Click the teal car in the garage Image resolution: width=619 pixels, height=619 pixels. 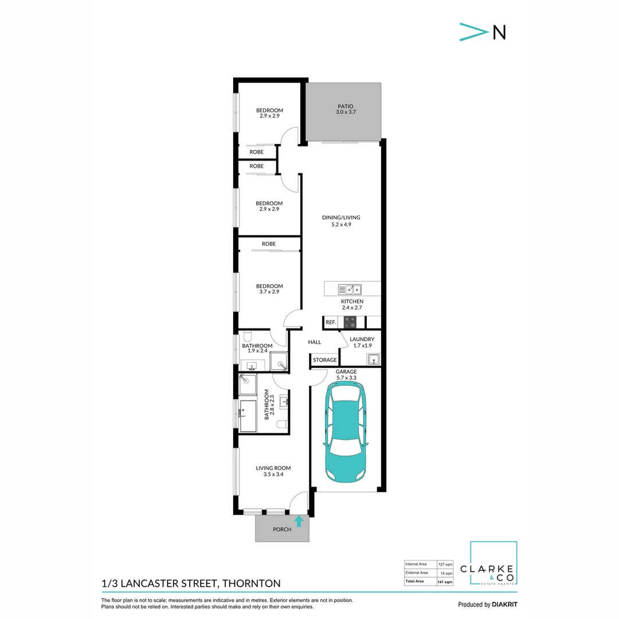pyautogui.click(x=344, y=433)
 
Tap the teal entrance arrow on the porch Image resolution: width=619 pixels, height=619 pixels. pyautogui.click(x=299, y=521)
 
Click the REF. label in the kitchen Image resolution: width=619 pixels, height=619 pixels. pyautogui.click(x=331, y=323)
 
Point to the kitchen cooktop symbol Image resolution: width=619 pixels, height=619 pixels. pyautogui.click(x=350, y=322)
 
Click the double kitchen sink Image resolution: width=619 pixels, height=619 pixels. pyautogui.click(x=349, y=289)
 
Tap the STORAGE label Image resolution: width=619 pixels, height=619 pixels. pyautogui.click(x=325, y=360)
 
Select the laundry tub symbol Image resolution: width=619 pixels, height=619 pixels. pyautogui.click(x=373, y=359)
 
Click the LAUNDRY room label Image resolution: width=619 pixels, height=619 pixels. pyautogui.click(x=362, y=339)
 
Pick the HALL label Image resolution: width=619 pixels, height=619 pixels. pyautogui.click(x=314, y=342)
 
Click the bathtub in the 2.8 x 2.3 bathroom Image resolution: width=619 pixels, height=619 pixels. pyautogui.click(x=248, y=416)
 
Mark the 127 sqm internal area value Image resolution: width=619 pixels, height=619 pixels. pyautogui.click(x=445, y=564)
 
